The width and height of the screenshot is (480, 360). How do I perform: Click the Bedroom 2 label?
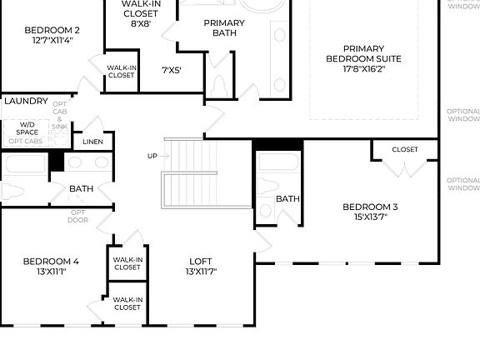[x=52, y=29]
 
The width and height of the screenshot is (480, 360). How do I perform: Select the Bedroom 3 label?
[x=370, y=207]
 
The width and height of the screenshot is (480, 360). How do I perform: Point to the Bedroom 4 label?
[x=51, y=262]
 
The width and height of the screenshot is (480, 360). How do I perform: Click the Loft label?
[x=201, y=261]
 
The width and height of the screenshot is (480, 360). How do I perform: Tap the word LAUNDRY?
[x=26, y=101]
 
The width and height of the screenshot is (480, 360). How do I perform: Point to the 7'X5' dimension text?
[x=172, y=70]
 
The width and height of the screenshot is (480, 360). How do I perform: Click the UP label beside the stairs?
[x=152, y=156]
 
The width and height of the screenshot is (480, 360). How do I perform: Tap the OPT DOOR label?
[x=77, y=216]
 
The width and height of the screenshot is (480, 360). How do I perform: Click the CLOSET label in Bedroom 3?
[x=404, y=149]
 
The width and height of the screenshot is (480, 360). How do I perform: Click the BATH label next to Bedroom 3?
[x=287, y=199]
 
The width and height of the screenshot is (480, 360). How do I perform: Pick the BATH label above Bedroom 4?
[x=81, y=189]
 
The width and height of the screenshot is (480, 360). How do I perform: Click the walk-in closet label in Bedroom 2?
[x=121, y=72]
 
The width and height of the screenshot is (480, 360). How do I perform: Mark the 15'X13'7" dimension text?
[x=370, y=217]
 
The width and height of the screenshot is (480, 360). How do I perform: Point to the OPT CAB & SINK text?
[x=60, y=117]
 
